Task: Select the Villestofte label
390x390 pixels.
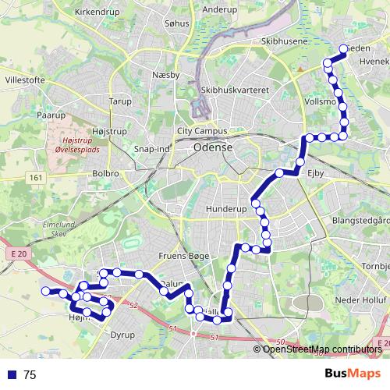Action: coord(26,80)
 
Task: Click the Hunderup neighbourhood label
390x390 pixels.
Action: coord(225,210)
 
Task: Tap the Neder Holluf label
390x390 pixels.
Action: coord(360,300)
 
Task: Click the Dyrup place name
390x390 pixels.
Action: coord(122,335)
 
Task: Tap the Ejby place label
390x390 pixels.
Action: coord(315,173)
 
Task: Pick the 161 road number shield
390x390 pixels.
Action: coord(36,179)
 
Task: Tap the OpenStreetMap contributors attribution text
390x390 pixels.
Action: coord(321,349)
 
